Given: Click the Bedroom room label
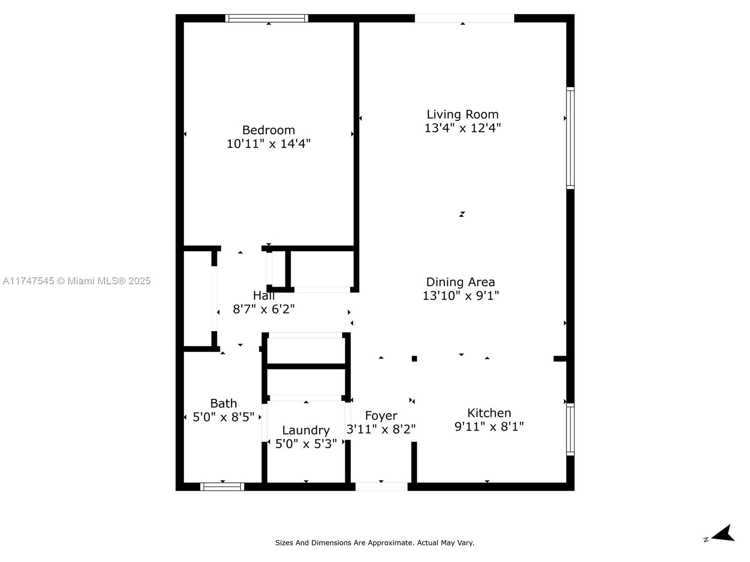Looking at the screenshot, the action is (x=269, y=130).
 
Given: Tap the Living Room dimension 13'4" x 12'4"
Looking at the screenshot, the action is (x=462, y=128).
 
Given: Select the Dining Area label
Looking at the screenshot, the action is (x=461, y=282).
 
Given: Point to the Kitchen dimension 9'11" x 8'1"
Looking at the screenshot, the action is (x=489, y=426).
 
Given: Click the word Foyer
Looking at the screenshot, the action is (x=381, y=415).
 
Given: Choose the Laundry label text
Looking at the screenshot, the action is (x=306, y=430).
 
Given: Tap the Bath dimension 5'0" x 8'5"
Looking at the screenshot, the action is (x=224, y=417).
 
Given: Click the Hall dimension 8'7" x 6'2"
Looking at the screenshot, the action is (x=263, y=309).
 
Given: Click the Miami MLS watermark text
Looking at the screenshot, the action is (x=76, y=281).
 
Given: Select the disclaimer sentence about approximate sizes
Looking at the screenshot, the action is (x=375, y=542).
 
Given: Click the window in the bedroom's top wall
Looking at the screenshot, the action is (x=267, y=18).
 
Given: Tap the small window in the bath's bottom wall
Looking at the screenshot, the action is (x=222, y=487).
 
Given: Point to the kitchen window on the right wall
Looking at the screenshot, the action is (x=570, y=429).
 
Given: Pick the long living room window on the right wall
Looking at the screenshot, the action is (x=570, y=138).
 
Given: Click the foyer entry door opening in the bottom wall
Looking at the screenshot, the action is (x=381, y=487).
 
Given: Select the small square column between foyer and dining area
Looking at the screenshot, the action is (x=414, y=359).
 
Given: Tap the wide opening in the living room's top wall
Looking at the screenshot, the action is (x=465, y=18).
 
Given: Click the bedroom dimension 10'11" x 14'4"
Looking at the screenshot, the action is (x=269, y=144).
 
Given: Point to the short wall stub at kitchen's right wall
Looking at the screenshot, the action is (x=560, y=359).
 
